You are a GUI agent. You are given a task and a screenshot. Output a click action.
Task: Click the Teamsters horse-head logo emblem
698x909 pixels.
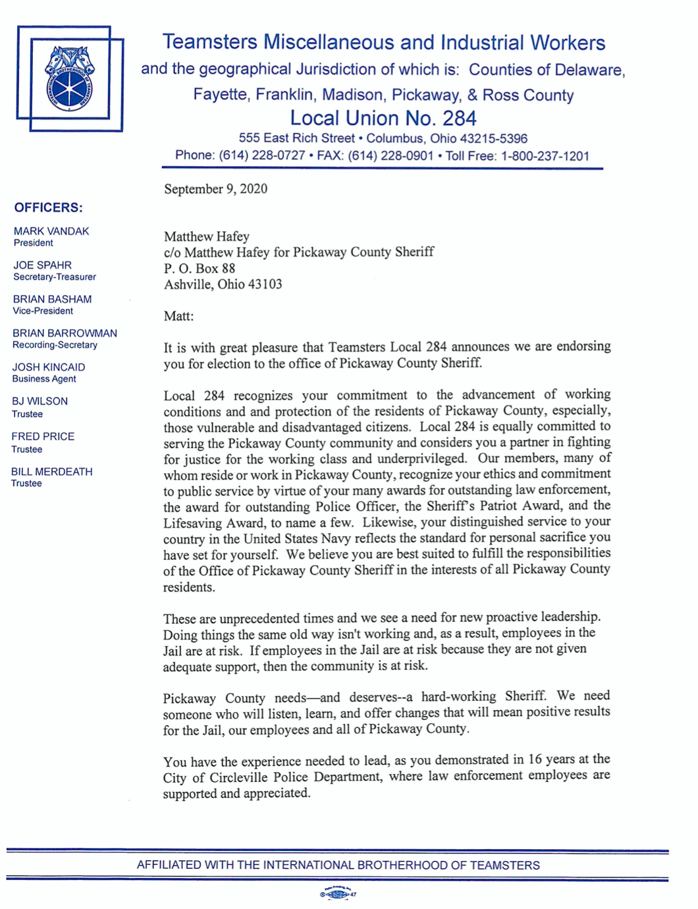click(x=70, y=78)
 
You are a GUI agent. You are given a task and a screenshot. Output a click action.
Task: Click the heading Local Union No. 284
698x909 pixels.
click(x=383, y=119)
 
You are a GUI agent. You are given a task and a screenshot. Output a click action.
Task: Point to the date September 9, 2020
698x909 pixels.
click(x=215, y=189)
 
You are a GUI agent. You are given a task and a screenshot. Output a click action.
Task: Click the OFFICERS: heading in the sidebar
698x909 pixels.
click(x=49, y=208)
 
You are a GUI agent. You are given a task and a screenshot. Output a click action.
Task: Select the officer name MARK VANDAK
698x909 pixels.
click(x=51, y=231)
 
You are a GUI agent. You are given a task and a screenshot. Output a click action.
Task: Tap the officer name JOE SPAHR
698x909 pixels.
click(x=42, y=265)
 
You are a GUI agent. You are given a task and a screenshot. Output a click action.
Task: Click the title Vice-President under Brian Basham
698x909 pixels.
click(x=43, y=311)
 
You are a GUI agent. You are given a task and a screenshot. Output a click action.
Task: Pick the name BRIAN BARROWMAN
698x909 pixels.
click(x=65, y=333)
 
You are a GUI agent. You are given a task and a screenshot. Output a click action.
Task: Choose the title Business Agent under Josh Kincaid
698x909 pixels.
click(x=44, y=379)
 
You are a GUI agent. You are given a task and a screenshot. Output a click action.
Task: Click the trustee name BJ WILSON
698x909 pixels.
click(x=40, y=401)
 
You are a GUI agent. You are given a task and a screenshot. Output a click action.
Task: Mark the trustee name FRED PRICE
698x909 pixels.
click(x=43, y=436)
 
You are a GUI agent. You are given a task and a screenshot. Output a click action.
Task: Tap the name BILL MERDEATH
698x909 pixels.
click(x=51, y=472)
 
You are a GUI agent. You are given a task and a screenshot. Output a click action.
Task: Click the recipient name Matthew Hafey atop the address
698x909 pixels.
click(x=206, y=236)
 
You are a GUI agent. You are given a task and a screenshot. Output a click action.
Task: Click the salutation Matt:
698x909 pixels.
click(x=178, y=316)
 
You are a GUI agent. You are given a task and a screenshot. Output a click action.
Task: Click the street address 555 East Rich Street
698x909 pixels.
click(x=296, y=138)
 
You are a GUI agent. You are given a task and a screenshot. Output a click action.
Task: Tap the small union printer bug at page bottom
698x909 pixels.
click(x=338, y=894)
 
